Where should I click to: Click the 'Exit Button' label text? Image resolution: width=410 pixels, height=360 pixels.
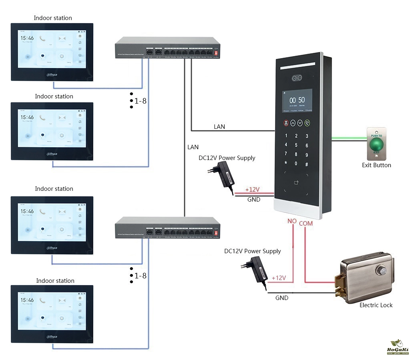[x=376, y=165]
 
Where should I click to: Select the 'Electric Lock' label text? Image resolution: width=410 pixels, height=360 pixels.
[x=376, y=305]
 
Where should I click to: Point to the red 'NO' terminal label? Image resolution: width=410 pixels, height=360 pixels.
[x=292, y=221]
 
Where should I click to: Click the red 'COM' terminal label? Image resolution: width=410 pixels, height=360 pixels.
[x=306, y=223]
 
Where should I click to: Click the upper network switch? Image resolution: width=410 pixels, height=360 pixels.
[x=167, y=48]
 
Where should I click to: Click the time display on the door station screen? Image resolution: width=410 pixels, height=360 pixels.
[x=297, y=100]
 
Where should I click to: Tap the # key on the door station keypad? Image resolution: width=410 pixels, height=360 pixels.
[x=307, y=164]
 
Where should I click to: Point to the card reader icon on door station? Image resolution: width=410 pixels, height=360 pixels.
[x=296, y=183]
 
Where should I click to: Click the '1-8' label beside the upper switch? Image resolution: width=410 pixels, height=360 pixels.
[x=140, y=101]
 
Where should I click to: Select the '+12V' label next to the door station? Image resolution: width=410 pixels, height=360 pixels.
[x=253, y=189]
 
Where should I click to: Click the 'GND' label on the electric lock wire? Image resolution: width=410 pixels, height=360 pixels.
[x=281, y=298]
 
